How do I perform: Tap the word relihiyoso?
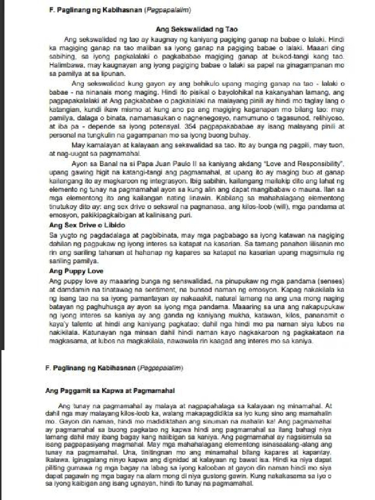click(331, 119)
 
